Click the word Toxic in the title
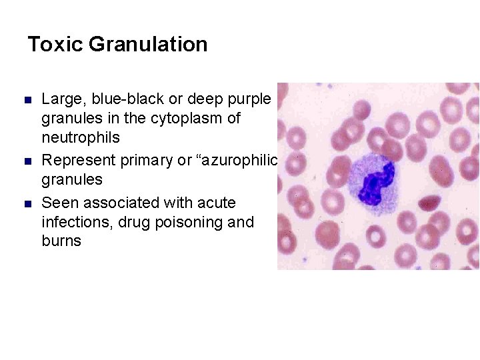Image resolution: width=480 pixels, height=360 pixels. [55, 45]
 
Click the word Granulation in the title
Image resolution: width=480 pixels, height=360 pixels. [147, 45]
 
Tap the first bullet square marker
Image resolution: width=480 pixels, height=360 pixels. [28, 100]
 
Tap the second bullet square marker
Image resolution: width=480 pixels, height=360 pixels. [28, 161]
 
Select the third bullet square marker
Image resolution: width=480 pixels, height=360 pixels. [28, 203]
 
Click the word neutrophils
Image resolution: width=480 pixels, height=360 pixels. [81, 138]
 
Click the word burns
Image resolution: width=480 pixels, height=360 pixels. [61, 241]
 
